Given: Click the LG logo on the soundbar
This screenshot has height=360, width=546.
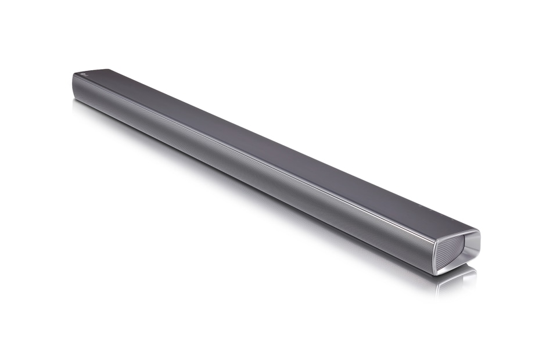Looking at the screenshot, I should [x=85, y=74].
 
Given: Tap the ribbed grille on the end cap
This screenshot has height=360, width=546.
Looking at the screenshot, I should [x=451, y=250].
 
